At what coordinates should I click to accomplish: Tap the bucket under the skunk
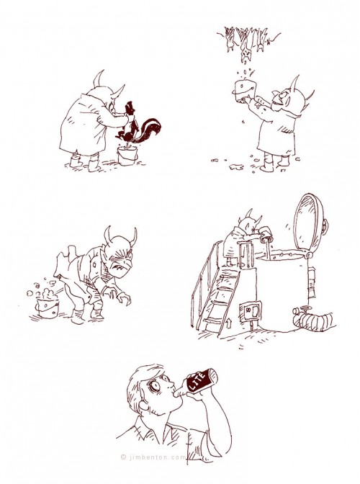(x=127, y=156)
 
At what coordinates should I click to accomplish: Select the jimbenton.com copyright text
(x=153, y=457)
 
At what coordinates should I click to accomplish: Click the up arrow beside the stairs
(x=228, y=323)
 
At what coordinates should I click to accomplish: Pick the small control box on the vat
(x=251, y=311)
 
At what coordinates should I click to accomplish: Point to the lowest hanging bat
(x=246, y=54)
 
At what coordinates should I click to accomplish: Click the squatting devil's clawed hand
(x=122, y=298)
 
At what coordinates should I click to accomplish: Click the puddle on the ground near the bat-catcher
(x=236, y=166)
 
